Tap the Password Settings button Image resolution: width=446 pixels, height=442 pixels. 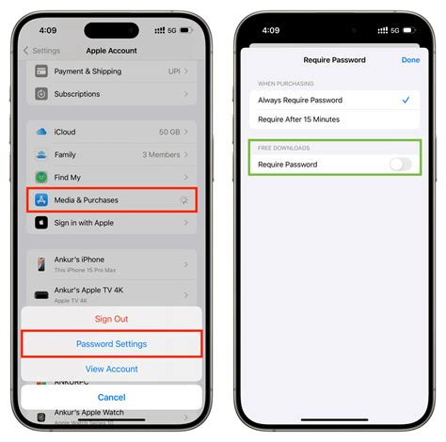[111, 344]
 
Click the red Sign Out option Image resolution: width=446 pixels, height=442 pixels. [111, 319]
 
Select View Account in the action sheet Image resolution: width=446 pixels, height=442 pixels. [111, 369]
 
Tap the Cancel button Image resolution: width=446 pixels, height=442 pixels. [111, 397]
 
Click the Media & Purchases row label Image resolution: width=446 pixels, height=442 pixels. [86, 199]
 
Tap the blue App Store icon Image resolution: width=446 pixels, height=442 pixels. [41, 199]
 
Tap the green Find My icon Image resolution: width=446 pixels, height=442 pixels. [41, 177]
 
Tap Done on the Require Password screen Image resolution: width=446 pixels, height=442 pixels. [410, 59]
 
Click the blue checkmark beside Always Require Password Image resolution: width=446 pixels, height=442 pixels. [405, 100]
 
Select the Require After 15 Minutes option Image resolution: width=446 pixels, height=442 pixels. [298, 119]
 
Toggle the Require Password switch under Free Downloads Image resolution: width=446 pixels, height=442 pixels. [400, 165]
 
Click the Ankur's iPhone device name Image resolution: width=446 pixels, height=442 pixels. [81, 260]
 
